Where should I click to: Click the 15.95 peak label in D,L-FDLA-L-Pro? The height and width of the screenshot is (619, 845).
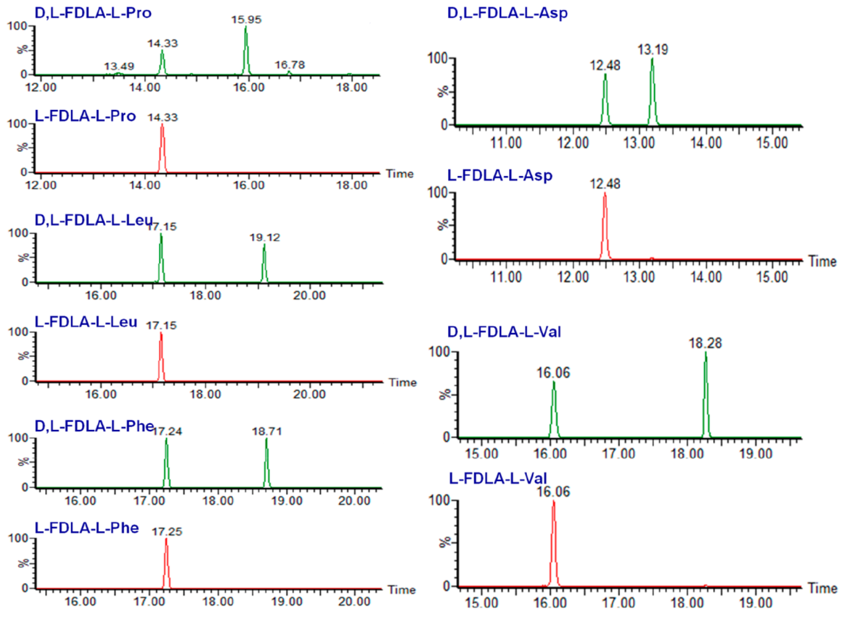(x=246, y=19)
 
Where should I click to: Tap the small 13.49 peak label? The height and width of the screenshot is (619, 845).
(x=119, y=66)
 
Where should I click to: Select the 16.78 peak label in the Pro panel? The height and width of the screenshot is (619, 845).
(x=290, y=65)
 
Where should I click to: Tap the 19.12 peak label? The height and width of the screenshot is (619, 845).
(x=265, y=238)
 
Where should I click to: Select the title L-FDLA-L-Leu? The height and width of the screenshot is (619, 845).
(x=86, y=322)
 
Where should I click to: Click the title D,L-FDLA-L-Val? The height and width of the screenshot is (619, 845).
(x=504, y=332)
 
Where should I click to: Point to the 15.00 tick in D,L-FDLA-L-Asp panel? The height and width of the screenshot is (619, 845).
(x=772, y=143)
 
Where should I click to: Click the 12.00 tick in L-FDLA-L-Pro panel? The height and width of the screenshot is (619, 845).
(x=41, y=185)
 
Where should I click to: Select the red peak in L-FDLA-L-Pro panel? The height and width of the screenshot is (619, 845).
(x=162, y=146)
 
